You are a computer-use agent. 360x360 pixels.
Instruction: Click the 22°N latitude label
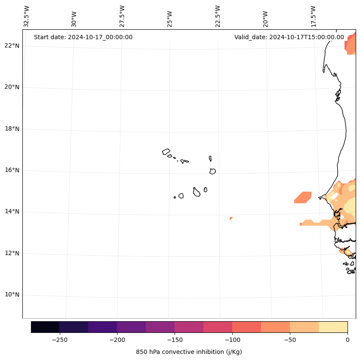click(x=12, y=46)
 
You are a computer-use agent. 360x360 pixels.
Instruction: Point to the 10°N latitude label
click(x=12, y=295)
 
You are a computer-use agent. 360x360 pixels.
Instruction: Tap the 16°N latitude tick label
click(x=12, y=170)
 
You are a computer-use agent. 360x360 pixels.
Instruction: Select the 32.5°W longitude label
click(x=27, y=16)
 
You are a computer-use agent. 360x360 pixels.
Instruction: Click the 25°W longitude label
click(x=170, y=19)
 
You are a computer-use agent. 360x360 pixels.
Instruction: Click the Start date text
click(x=83, y=37)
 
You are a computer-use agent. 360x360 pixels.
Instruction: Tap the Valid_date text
click(x=289, y=37)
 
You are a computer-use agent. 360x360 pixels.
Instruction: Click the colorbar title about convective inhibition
click(x=189, y=352)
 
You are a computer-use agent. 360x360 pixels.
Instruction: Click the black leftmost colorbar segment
click(x=45, y=327)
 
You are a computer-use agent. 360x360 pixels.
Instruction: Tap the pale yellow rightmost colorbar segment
click(x=333, y=327)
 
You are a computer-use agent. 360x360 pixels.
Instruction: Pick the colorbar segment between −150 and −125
click(x=189, y=327)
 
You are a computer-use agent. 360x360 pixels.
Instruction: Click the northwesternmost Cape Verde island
click(x=166, y=152)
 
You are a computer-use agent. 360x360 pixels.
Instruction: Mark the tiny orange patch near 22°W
click(x=231, y=219)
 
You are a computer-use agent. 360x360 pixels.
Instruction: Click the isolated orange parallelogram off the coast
click(x=303, y=197)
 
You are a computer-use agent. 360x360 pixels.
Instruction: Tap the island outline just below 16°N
click(x=212, y=171)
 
